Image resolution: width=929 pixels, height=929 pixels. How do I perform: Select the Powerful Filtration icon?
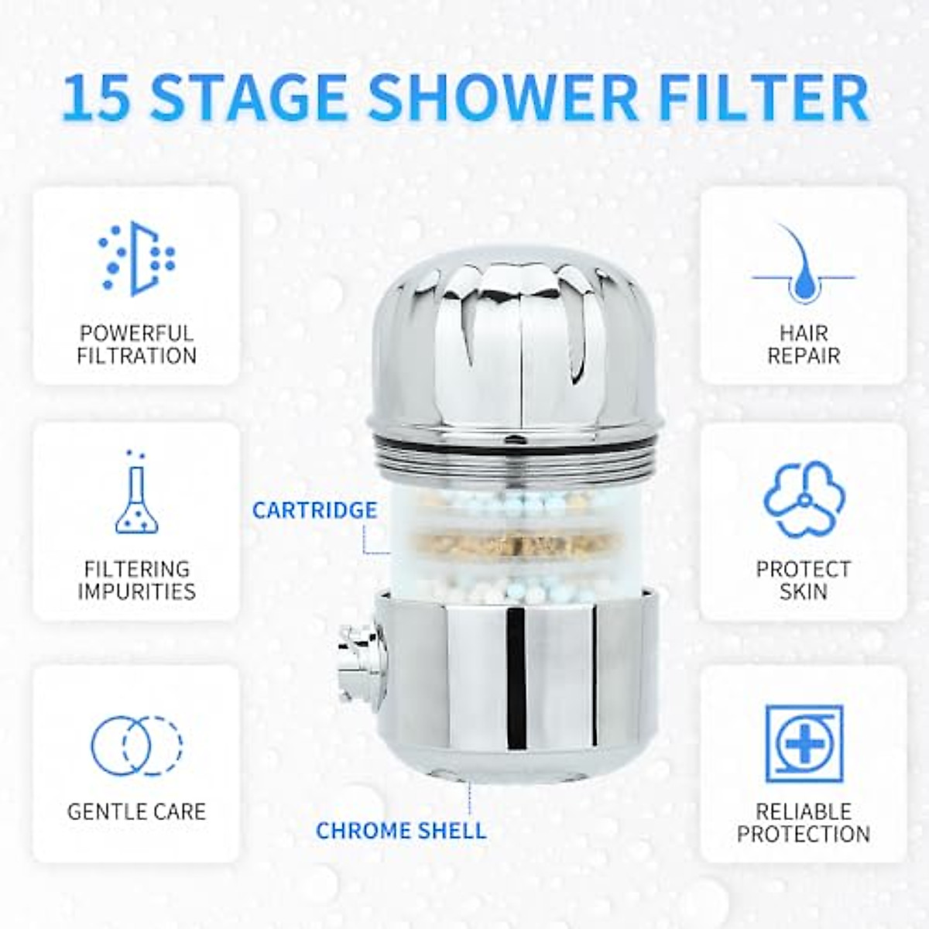[136, 259]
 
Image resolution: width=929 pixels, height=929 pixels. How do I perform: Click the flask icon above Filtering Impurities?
[136, 493]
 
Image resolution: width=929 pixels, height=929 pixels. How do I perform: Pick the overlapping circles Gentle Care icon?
[136, 746]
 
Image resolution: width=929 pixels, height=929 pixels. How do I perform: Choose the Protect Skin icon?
[804, 499]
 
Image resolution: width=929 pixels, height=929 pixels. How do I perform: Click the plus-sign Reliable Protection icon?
[804, 743]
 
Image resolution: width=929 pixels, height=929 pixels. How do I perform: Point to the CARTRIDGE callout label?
[315, 510]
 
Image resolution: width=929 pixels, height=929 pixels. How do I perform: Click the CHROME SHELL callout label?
[401, 831]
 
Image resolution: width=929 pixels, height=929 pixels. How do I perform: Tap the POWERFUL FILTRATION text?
[136, 345]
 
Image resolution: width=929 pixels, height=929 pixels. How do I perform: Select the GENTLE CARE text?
[136, 811]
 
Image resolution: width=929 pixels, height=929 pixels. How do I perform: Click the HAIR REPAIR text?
[804, 345]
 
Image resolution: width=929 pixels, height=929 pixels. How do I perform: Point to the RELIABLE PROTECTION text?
[804, 822]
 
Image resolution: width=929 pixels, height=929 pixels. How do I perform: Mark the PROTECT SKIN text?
[804, 580]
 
